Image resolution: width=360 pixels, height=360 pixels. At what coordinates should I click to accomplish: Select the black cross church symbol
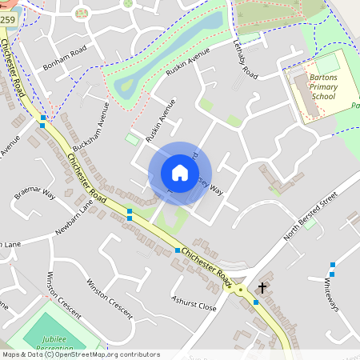click(262, 286)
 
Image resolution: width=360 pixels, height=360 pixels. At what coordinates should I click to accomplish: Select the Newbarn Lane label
click(74, 218)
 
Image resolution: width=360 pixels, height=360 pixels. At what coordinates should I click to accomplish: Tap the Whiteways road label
click(331, 296)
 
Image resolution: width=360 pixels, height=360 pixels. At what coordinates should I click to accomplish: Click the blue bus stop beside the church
click(256, 302)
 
